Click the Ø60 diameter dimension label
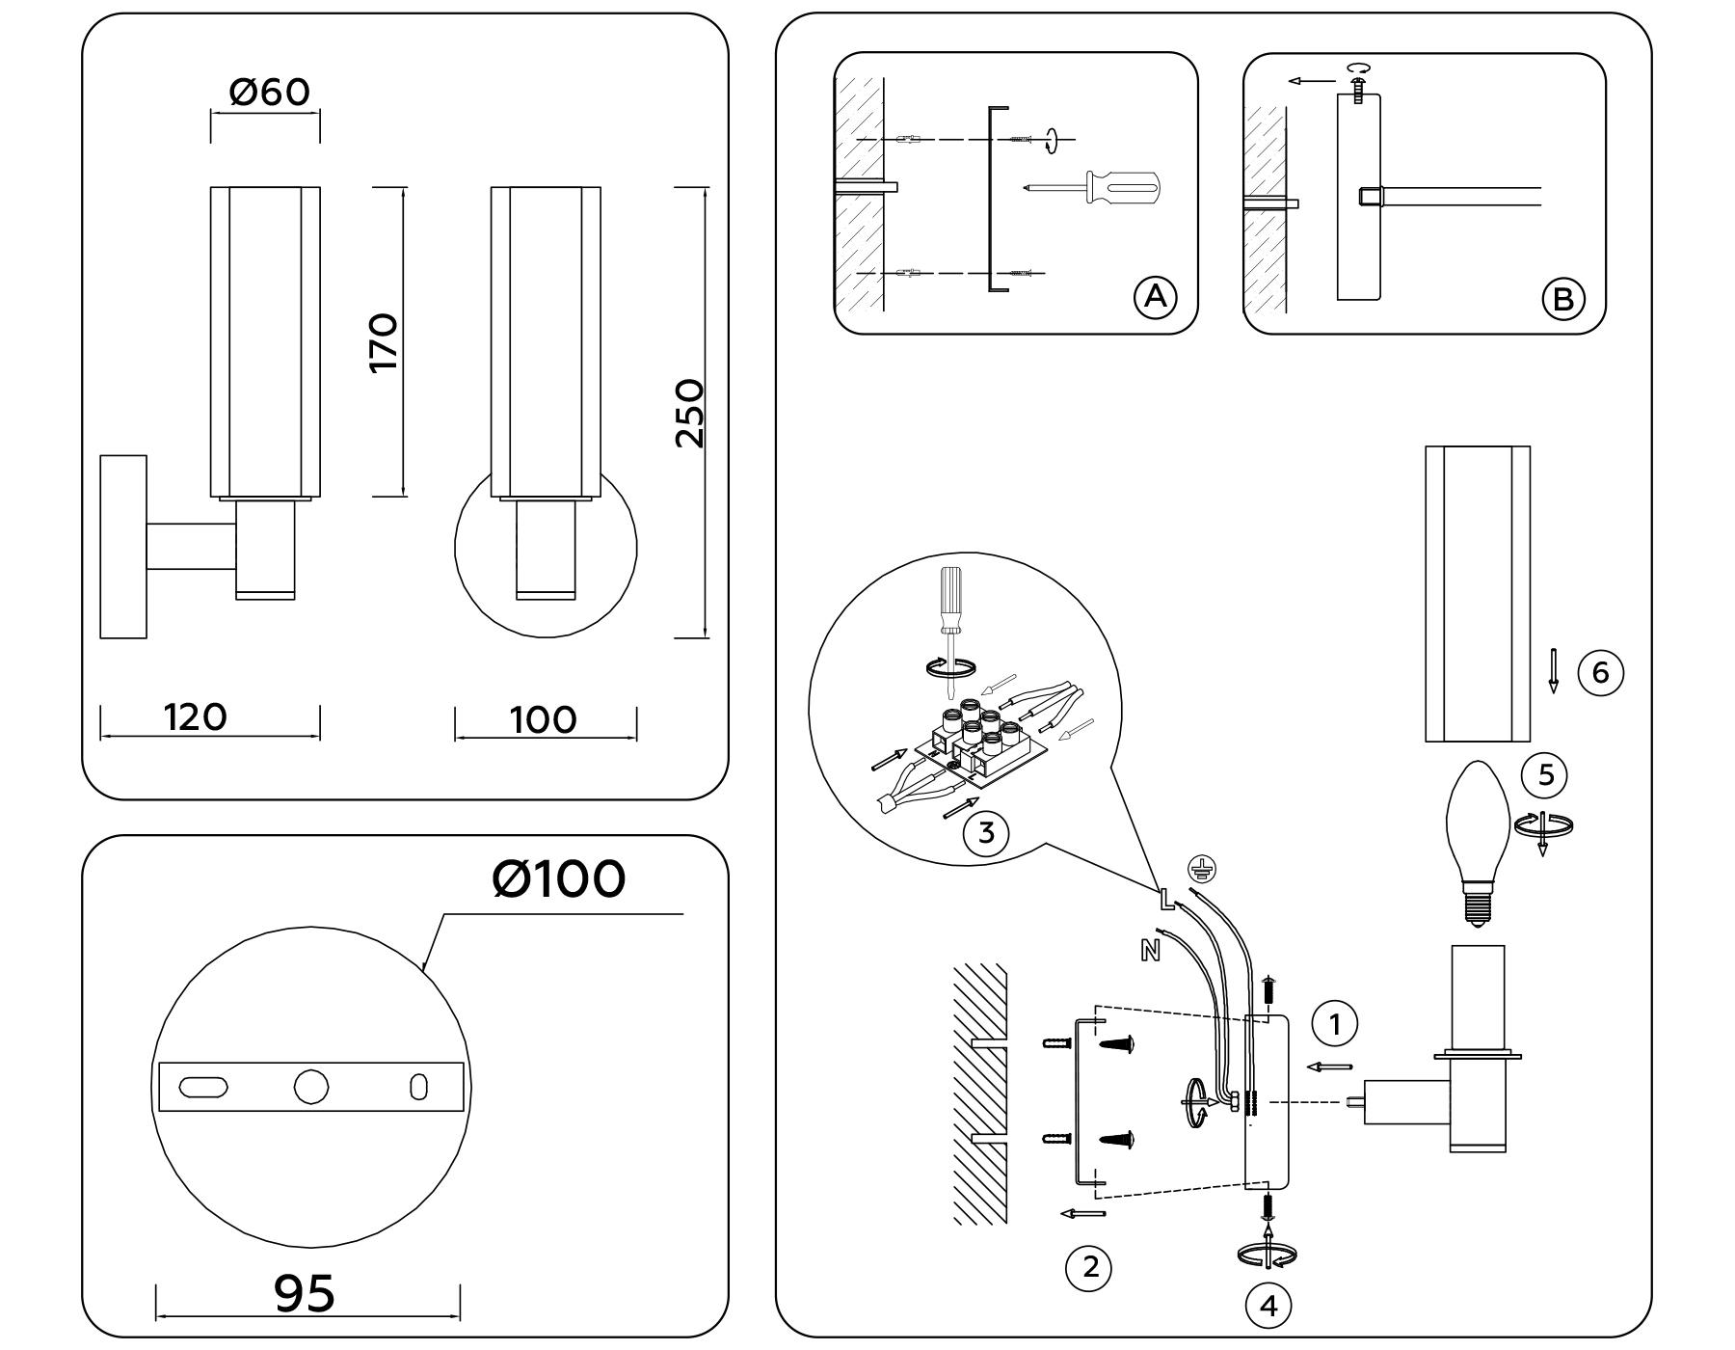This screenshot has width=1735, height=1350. (269, 93)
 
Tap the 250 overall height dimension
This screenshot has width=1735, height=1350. (689, 413)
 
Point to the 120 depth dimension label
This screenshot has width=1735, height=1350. (195, 717)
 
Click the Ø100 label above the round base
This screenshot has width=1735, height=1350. (558, 879)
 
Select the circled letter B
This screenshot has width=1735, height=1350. (1562, 299)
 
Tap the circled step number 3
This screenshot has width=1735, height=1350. (985, 831)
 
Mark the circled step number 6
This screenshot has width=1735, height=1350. (1600, 672)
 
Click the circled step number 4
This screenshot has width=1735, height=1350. (1268, 1306)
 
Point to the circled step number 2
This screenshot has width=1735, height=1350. (1089, 1267)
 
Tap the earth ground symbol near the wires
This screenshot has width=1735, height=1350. (1199, 867)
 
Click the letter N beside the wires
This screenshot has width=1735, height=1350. (1150, 951)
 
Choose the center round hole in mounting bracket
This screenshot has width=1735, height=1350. (310, 1087)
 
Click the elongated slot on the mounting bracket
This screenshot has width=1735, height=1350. (204, 1087)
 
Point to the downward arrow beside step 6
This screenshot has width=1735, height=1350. (1553, 671)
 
